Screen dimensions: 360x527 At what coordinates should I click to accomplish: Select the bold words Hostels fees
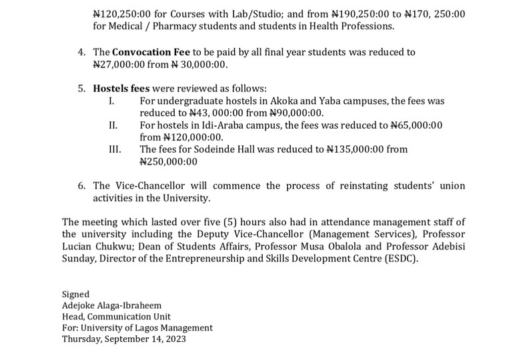[122, 89]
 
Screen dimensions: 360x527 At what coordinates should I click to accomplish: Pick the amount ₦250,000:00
[169, 161]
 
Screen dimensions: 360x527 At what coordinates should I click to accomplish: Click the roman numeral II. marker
[113, 125]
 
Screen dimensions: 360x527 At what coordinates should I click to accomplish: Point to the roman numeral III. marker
[114, 149]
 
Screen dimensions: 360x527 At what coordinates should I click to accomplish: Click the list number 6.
[81, 186]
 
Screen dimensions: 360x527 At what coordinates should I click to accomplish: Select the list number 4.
[81, 52]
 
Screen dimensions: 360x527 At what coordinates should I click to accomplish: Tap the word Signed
[75, 294]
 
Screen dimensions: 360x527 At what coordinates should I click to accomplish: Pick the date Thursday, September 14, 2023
[124, 339]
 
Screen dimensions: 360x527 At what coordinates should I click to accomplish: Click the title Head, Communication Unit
[116, 317]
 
